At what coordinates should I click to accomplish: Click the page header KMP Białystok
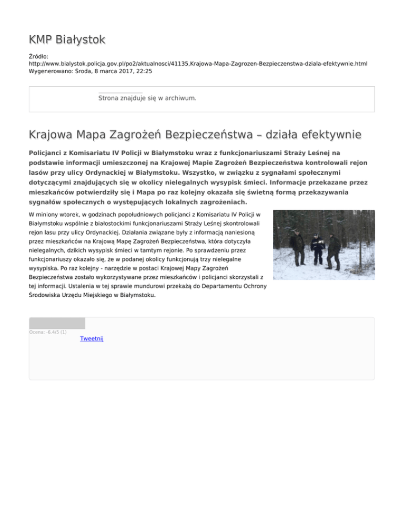(67, 39)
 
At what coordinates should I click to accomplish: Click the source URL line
(198, 63)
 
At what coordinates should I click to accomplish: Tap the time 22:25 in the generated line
(144, 71)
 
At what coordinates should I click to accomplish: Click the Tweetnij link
(92, 338)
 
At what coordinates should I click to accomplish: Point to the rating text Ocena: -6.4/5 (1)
(48, 332)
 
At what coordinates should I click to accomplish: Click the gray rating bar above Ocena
(57, 323)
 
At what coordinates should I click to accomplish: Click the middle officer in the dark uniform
(317, 248)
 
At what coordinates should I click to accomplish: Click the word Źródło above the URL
(39, 55)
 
